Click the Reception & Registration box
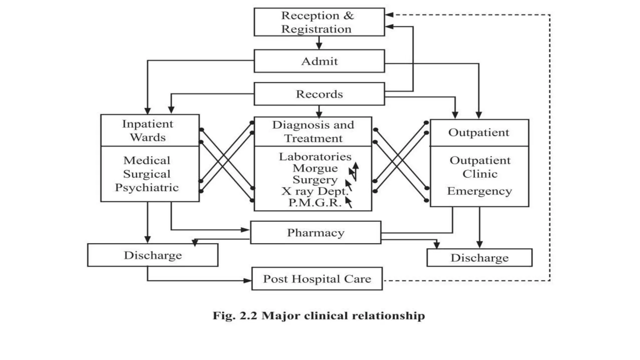319,22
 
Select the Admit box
319,61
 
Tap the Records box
319,94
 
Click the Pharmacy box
316,232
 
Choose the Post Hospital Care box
317,278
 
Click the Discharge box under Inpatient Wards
152,255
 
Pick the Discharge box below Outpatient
479,257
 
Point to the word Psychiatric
147,187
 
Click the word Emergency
479,191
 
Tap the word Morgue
315,168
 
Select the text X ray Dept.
314,191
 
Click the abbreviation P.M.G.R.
315,202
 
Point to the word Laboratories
315,157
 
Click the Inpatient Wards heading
147,130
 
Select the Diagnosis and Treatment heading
313,131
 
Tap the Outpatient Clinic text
480,167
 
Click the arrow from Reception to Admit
319,43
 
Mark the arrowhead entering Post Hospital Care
247,280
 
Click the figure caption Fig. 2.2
319,316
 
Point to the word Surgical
147,174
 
